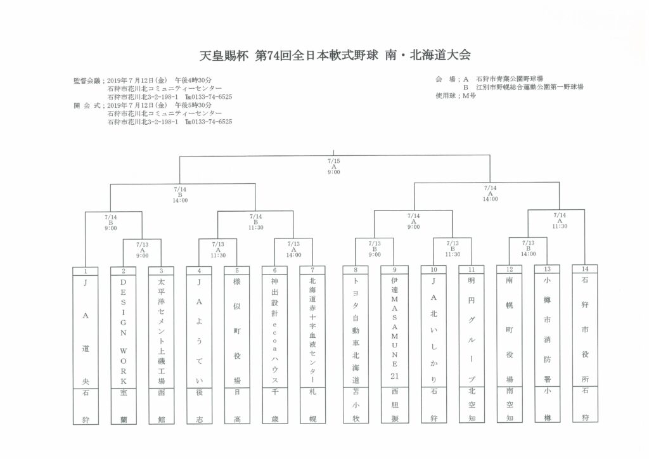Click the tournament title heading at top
335,55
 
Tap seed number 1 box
86,271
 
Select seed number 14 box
585,269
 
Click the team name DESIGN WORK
124,332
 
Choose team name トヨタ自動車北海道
356,330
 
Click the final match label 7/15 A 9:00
333,166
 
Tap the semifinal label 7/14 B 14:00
180,195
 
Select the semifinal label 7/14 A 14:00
490,193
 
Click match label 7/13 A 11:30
218,250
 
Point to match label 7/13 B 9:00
375,249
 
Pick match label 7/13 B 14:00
528,249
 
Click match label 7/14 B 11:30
256,222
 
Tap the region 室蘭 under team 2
124,406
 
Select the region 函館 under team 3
161,406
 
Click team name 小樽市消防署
547,329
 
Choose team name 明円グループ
472,330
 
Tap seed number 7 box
312,270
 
